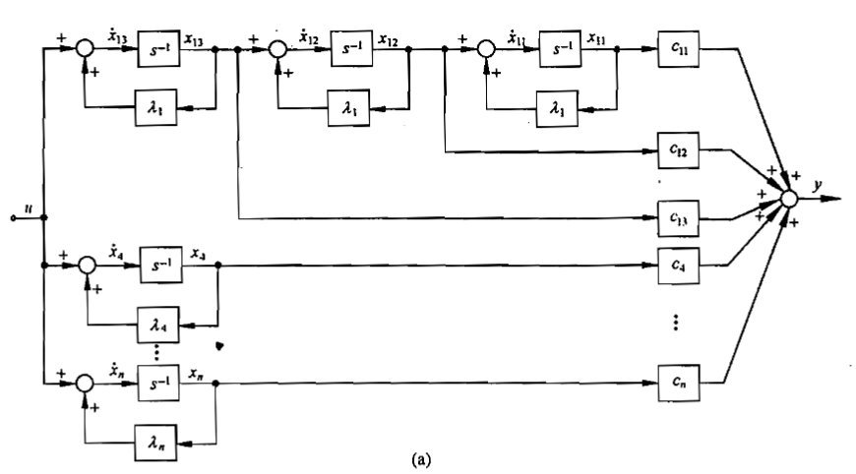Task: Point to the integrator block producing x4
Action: [x=162, y=266]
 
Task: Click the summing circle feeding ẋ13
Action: [x=88, y=49]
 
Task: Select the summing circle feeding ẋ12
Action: [x=280, y=48]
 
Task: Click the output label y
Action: [x=816, y=183]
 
